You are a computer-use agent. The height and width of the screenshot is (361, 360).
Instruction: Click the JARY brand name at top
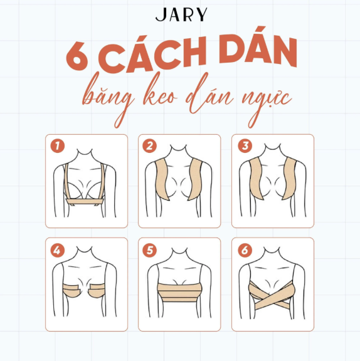pos(181,14)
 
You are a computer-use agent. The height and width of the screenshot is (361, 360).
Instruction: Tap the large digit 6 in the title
pos(77,56)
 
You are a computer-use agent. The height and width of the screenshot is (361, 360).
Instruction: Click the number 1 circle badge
pos(58,146)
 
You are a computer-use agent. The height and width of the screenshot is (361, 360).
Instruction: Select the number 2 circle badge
pos(150,146)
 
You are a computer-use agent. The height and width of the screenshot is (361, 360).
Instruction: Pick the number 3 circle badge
pos(245,146)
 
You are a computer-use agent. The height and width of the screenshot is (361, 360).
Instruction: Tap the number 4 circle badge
pos(58,251)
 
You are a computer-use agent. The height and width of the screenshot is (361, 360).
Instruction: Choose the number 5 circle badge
pos(150,251)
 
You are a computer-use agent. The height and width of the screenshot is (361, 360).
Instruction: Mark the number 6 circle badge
pos(245,251)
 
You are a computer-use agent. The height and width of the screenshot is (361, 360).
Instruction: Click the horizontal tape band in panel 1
pos(85,202)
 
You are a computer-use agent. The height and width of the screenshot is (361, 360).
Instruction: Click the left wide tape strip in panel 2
pos(162,179)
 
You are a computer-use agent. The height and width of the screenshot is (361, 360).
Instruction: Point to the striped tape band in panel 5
pos(179,293)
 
